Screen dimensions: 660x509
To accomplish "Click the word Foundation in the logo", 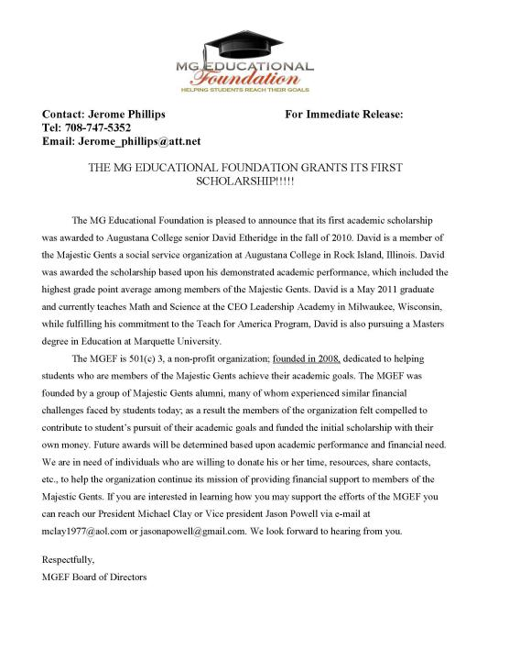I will (x=254, y=82).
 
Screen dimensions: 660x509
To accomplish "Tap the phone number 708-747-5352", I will (x=107, y=127).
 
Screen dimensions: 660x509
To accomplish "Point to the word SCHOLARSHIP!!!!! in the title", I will (x=254, y=184).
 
